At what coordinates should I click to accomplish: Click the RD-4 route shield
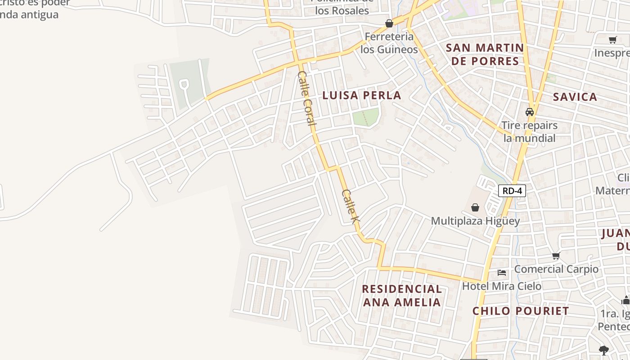tap(512, 191)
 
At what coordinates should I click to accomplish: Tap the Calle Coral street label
tap(306, 98)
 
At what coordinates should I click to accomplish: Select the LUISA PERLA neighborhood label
tap(362, 95)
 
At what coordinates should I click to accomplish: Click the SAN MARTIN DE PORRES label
tap(485, 54)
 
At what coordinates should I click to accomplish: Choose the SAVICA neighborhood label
tap(575, 97)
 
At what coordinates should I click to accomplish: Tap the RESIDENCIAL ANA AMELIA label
tap(402, 295)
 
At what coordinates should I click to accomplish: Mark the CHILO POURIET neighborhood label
tap(521, 311)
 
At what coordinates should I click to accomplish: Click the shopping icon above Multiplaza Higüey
tap(475, 207)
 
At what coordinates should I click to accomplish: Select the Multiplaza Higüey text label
tap(475, 221)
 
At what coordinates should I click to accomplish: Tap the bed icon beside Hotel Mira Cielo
tap(502, 273)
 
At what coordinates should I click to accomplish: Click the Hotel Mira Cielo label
tap(502, 286)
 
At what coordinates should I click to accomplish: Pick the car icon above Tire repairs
tap(530, 112)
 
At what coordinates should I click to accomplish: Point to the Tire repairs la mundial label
tap(529, 131)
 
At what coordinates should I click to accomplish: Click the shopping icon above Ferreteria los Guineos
tap(389, 23)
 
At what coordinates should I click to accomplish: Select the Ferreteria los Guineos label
tap(389, 43)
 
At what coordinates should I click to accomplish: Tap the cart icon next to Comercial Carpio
tap(556, 256)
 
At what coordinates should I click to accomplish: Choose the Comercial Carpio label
tap(556, 269)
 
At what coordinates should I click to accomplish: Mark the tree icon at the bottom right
tap(604, 350)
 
